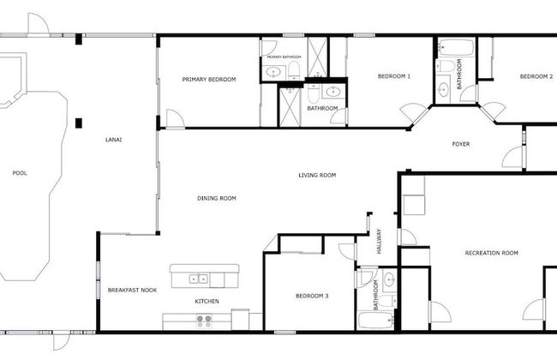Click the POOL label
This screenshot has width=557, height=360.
19,173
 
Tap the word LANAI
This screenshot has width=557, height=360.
113,140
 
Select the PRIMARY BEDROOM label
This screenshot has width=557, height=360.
208,80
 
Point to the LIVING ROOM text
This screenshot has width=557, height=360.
316,176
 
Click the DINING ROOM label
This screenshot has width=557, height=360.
216,199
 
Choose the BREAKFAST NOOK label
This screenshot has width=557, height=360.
132,291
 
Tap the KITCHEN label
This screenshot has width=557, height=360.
207,302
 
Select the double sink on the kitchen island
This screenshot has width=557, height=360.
198,278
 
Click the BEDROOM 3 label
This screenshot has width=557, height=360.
312,297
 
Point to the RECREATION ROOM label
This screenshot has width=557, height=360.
491,253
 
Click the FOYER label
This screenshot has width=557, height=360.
461,144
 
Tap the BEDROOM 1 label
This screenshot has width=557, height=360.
393,77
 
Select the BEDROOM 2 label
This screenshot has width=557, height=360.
536,77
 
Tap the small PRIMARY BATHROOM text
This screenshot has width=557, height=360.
284,57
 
